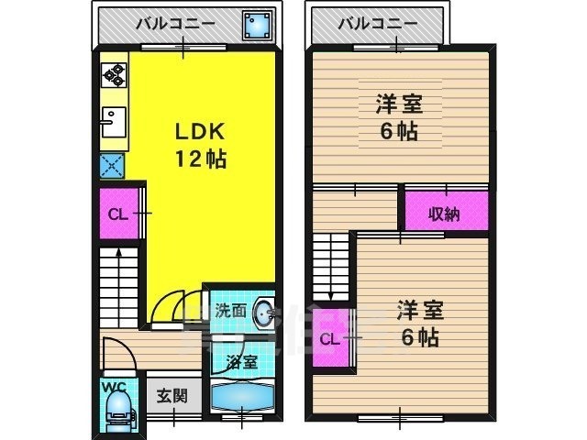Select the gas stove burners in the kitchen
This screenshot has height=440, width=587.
(113, 73)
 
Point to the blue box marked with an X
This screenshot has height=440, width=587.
(113, 165)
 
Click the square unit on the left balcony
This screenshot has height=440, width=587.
(255, 25)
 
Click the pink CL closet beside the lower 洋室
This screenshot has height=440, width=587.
(330, 339)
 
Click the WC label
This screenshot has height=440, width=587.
(114, 385)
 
